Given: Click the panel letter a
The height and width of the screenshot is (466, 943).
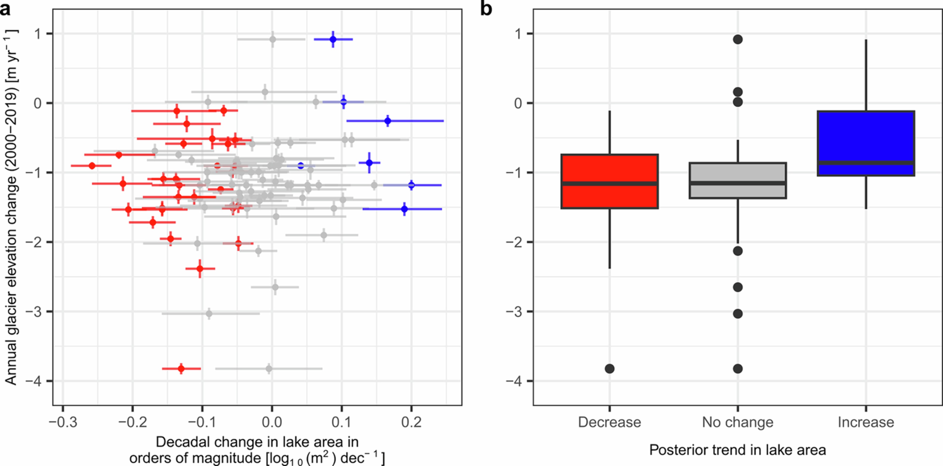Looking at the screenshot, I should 5,9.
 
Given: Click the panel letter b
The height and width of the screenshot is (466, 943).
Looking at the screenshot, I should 486,9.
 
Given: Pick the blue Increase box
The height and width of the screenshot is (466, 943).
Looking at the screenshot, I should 866,139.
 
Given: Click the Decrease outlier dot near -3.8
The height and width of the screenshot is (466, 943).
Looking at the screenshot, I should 609,369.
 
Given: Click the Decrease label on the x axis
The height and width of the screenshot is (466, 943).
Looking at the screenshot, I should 609,422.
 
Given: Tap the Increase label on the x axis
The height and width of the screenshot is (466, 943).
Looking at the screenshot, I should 866,422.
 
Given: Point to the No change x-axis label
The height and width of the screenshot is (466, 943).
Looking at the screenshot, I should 738,422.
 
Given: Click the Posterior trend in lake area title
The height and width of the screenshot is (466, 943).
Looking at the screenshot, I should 738,450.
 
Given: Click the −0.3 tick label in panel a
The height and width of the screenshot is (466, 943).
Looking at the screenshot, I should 63,422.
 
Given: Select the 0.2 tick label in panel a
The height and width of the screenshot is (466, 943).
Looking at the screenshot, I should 411,422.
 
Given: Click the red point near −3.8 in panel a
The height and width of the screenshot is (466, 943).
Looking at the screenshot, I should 181,369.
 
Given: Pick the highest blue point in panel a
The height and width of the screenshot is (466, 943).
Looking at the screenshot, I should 333,39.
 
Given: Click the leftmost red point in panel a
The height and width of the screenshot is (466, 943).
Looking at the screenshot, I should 92,166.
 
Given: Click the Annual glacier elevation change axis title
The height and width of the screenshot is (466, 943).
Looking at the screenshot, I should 11,207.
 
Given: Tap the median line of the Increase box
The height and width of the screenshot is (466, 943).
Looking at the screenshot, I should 866,162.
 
